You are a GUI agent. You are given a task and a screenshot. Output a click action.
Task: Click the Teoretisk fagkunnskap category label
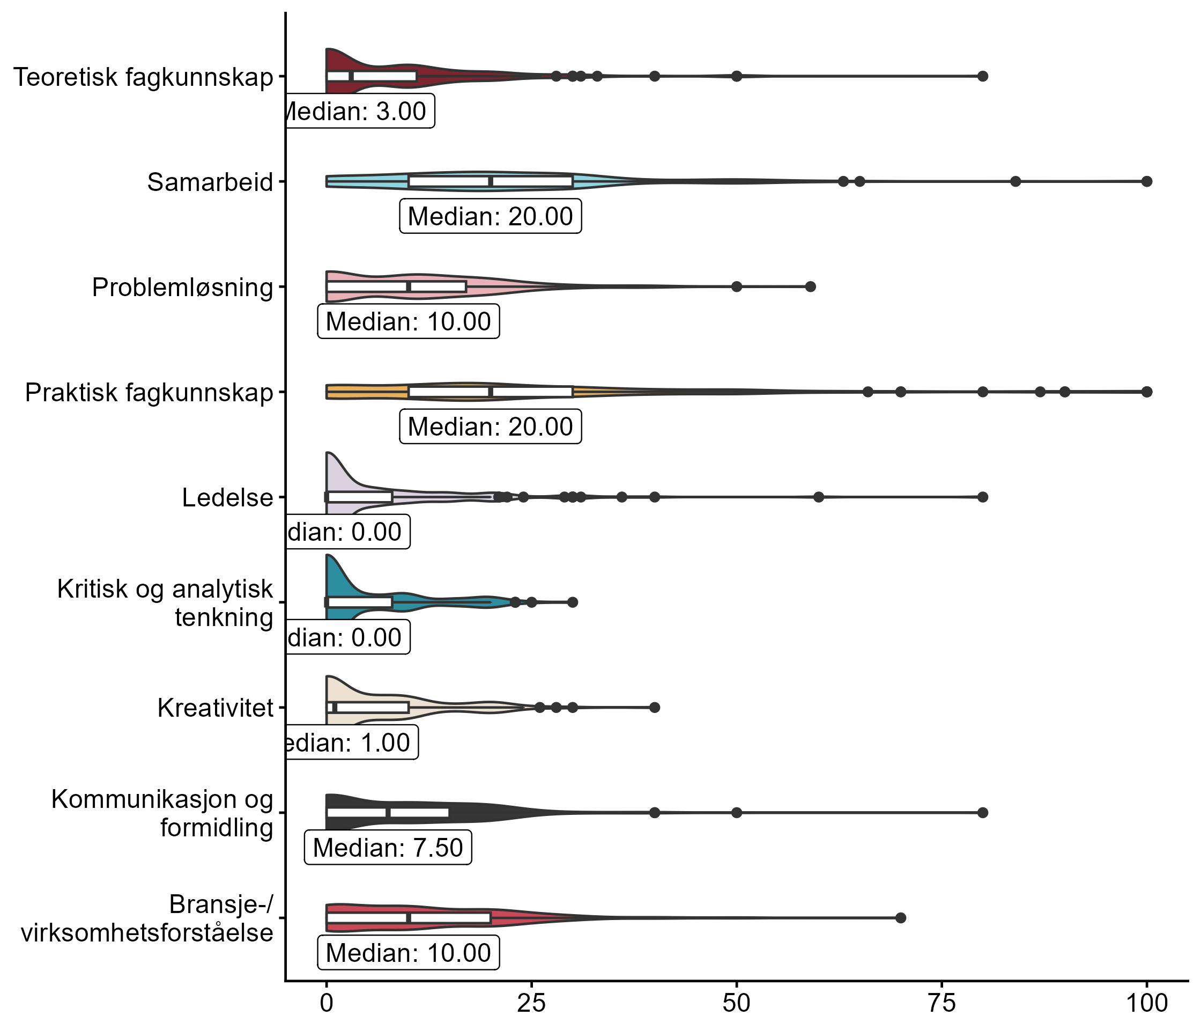[143, 77]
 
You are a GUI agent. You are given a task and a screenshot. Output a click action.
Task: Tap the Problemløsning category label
[182, 288]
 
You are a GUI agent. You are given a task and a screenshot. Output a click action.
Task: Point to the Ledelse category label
[227, 498]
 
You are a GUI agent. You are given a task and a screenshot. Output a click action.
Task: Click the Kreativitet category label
[215, 708]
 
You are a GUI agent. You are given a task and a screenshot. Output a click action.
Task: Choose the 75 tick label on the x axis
[942, 1003]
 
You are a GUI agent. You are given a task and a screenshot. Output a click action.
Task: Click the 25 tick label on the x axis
[531, 1003]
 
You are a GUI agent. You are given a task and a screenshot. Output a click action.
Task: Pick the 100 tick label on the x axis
[1146, 1003]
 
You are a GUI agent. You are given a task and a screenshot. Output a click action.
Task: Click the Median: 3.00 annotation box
[359, 111]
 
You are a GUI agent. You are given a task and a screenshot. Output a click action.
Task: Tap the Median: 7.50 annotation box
[388, 848]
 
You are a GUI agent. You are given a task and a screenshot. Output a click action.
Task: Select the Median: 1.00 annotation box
[351, 743]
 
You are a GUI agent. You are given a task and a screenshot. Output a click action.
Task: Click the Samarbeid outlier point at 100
[1146, 181]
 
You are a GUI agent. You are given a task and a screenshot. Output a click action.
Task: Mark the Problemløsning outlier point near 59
[810, 286]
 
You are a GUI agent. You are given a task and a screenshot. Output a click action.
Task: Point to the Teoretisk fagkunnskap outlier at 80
[982, 76]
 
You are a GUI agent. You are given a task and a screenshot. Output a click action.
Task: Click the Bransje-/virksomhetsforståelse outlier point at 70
[901, 917]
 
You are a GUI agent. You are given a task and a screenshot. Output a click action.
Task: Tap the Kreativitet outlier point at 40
[655, 708]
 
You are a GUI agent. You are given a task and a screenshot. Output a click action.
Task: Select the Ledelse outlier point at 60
[818, 497]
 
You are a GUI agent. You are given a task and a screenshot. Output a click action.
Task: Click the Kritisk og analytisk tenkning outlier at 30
[573, 602]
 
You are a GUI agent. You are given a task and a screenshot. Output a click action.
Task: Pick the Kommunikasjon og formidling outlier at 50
[737, 813]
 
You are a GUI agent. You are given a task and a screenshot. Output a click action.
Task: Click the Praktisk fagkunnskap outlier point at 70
[901, 392]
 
